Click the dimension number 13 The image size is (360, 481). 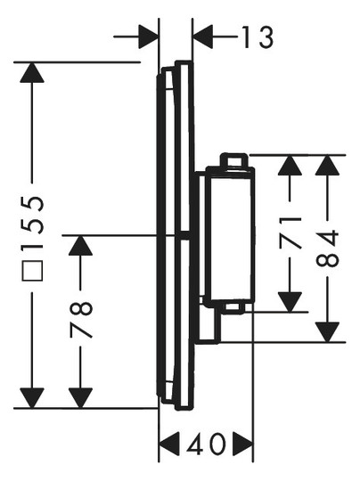pyautogui.click(x=258, y=37)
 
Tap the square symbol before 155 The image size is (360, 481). pyautogui.click(x=32, y=271)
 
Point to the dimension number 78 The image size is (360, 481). pyautogui.click(x=81, y=320)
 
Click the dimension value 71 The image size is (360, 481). pyautogui.click(x=290, y=232)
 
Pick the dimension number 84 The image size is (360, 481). pyautogui.click(x=327, y=249)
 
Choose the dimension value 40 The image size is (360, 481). pyautogui.click(x=206, y=444)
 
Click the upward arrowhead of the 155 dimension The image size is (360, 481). pyautogui.click(x=32, y=72)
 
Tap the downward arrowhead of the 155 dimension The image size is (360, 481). pyautogui.click(x=32, y=398)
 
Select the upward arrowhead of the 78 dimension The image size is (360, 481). pyautogui.click(x=80, y=245)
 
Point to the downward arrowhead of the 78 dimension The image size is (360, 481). pyautogui.click(x=80, y=398)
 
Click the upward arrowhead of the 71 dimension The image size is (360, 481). pyautogui.click(x=290, y=166)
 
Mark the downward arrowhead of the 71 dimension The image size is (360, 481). pyautogui.click(x=290, y=302)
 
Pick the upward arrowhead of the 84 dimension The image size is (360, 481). pyautogui.click(x=327, y=166)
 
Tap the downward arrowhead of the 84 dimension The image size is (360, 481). pyautogui.click(x=327, y=332)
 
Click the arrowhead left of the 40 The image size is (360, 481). pyautogui.click(x=169, y=444)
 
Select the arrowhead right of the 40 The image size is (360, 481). pyautogui.click(x=242, y=444)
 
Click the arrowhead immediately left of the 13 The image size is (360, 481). pyautogui.click(x=202, y=37)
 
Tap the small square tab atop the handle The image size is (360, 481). pyautogui.click(x=234, y=160)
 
